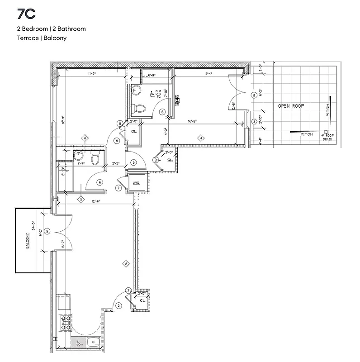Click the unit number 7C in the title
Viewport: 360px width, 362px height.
[x=26, y=14]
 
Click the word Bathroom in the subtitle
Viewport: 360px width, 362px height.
[x=73, y=29]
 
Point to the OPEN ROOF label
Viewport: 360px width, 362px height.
[x=291, y=106]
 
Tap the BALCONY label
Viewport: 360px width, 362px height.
[x=28, y=241]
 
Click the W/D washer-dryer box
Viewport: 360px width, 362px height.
[x=137, y=183]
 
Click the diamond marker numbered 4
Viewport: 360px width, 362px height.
[x=199, y=138]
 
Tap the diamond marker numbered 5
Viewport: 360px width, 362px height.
[x=81, y=199]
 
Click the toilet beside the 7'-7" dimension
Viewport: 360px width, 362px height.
[x=95, y=158]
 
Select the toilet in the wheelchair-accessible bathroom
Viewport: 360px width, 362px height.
[x=140, y=108]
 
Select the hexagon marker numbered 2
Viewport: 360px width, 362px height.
[x=254, y=122]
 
